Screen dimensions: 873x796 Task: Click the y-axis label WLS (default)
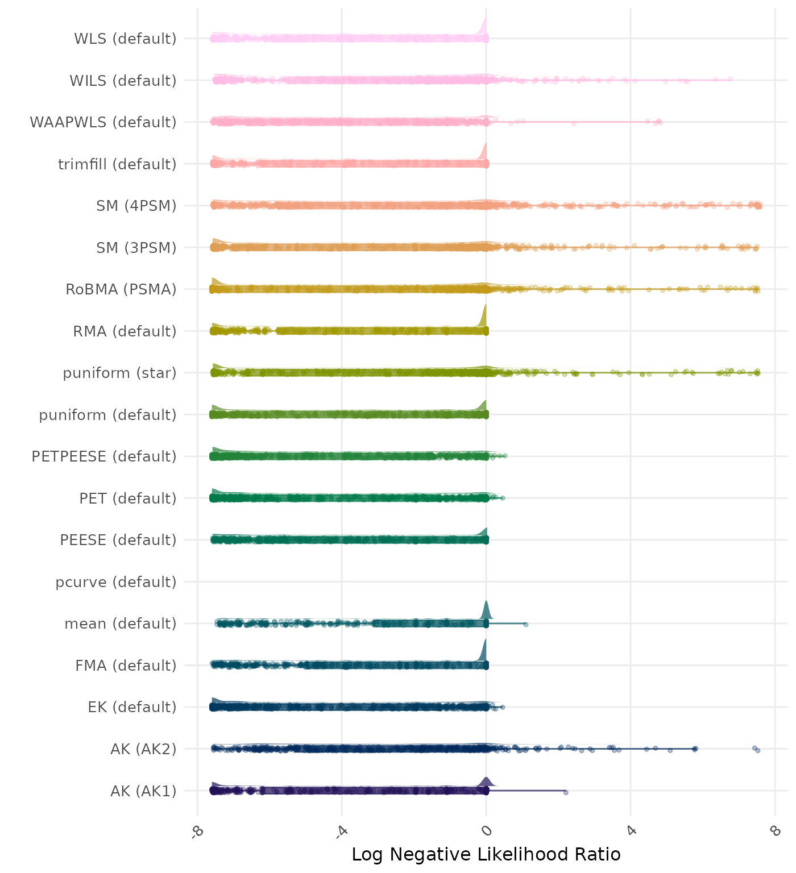pyautogui.click(x=125, y=39)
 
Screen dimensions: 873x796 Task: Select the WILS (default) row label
pyautogui.click(x=123, y=81)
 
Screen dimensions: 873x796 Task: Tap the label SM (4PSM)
pyautogui.click(x=136, y=206)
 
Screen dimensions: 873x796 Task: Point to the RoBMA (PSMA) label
pyautogui.click(x=121, y=289)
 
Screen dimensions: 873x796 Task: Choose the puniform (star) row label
pyautogui.click(x=119, y=373)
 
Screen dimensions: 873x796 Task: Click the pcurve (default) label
pyautogui.click(x=116, y=582)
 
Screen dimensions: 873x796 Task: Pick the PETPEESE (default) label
pyautogui.click(x=104, y=456)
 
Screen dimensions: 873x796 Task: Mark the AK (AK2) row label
pyautogui.click(x=143, y=749)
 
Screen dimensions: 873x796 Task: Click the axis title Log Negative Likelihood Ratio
pyautogui.click(x=486, y=854)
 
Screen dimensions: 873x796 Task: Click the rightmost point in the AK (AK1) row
pyautogui.click(x=566, y=792)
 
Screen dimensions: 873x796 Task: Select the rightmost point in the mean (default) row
pyautogui.click(x=525, y=624)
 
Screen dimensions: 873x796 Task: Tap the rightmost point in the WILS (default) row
pyautogui.click(x=730, y=79)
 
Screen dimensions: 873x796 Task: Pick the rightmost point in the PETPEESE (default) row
pyautogui.click(x=505, y=456)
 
